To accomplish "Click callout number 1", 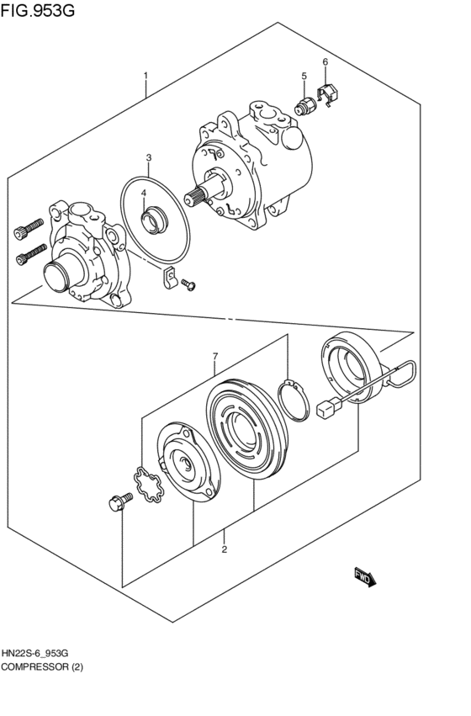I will point(146,77).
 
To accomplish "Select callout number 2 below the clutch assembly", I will point(225,550).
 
